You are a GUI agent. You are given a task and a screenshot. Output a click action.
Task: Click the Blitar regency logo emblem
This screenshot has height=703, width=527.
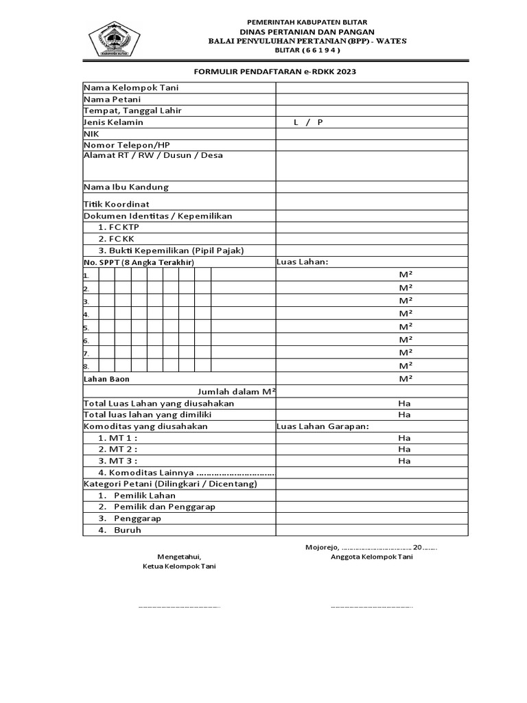pyautogui.click(x=115, y=40)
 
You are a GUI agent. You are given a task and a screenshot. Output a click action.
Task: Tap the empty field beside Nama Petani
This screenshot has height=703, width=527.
pyautogui.click(x=372, y=100)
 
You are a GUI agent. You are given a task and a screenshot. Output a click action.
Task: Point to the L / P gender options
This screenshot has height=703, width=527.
pyautogui.click(x=308, y=122)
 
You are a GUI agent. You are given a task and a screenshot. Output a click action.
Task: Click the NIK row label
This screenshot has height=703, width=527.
pyautogui.click(x=91, y=134)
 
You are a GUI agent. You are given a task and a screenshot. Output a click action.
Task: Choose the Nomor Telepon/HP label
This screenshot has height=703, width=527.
pyautogui.click(x=126, y=145)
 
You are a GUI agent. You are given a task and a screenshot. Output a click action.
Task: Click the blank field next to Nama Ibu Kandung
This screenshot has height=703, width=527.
pyautogui.click(x=372, y=187)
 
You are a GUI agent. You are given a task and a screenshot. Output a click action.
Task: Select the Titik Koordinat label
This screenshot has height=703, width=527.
pyautogui.click(x=117, y=204)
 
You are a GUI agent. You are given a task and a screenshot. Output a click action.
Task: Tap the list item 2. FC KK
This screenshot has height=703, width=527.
pyautogui.click(x=116, y=239)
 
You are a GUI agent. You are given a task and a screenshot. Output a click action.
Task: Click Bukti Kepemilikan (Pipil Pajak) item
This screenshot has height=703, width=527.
pyautogui.click(x=171, y=251)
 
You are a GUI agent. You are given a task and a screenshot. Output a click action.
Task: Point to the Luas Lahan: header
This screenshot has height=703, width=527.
pyautogui.click(x=303, y=262)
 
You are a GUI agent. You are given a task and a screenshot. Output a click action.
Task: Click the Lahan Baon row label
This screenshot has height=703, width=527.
pyautogui.click(x=106, y=379)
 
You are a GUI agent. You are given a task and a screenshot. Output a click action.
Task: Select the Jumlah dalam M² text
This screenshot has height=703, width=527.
pyautogui.click(x=236, y=391)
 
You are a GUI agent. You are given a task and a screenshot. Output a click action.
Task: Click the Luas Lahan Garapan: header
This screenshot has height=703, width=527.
pyautogui.click(x=323, y=426)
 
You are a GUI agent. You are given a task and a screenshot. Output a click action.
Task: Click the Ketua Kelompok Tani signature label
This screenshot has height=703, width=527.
pyautogui.click(x=179, y=567)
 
